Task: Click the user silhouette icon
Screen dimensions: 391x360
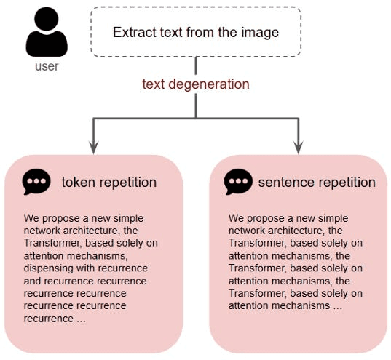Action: point(47,32)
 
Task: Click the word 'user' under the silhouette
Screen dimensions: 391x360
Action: point(47,66)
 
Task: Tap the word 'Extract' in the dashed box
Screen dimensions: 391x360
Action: point(135,33)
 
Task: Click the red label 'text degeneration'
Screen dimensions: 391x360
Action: point(196,84)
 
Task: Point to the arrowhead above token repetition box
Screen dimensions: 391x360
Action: point(93,148)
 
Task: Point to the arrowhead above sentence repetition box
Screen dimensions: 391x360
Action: point(299,148)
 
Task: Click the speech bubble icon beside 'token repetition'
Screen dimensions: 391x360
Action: point(36,182)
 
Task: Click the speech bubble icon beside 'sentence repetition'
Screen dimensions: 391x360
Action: point(238,182)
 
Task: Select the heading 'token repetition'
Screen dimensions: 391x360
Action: point(109,183)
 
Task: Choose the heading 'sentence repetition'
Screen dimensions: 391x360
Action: point(317,183)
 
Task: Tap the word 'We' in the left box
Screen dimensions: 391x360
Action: point(31,218)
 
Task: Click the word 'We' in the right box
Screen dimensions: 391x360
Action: point(236,218)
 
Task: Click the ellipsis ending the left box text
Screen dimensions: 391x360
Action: point(81,321)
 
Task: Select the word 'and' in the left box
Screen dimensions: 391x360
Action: point(33,281)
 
